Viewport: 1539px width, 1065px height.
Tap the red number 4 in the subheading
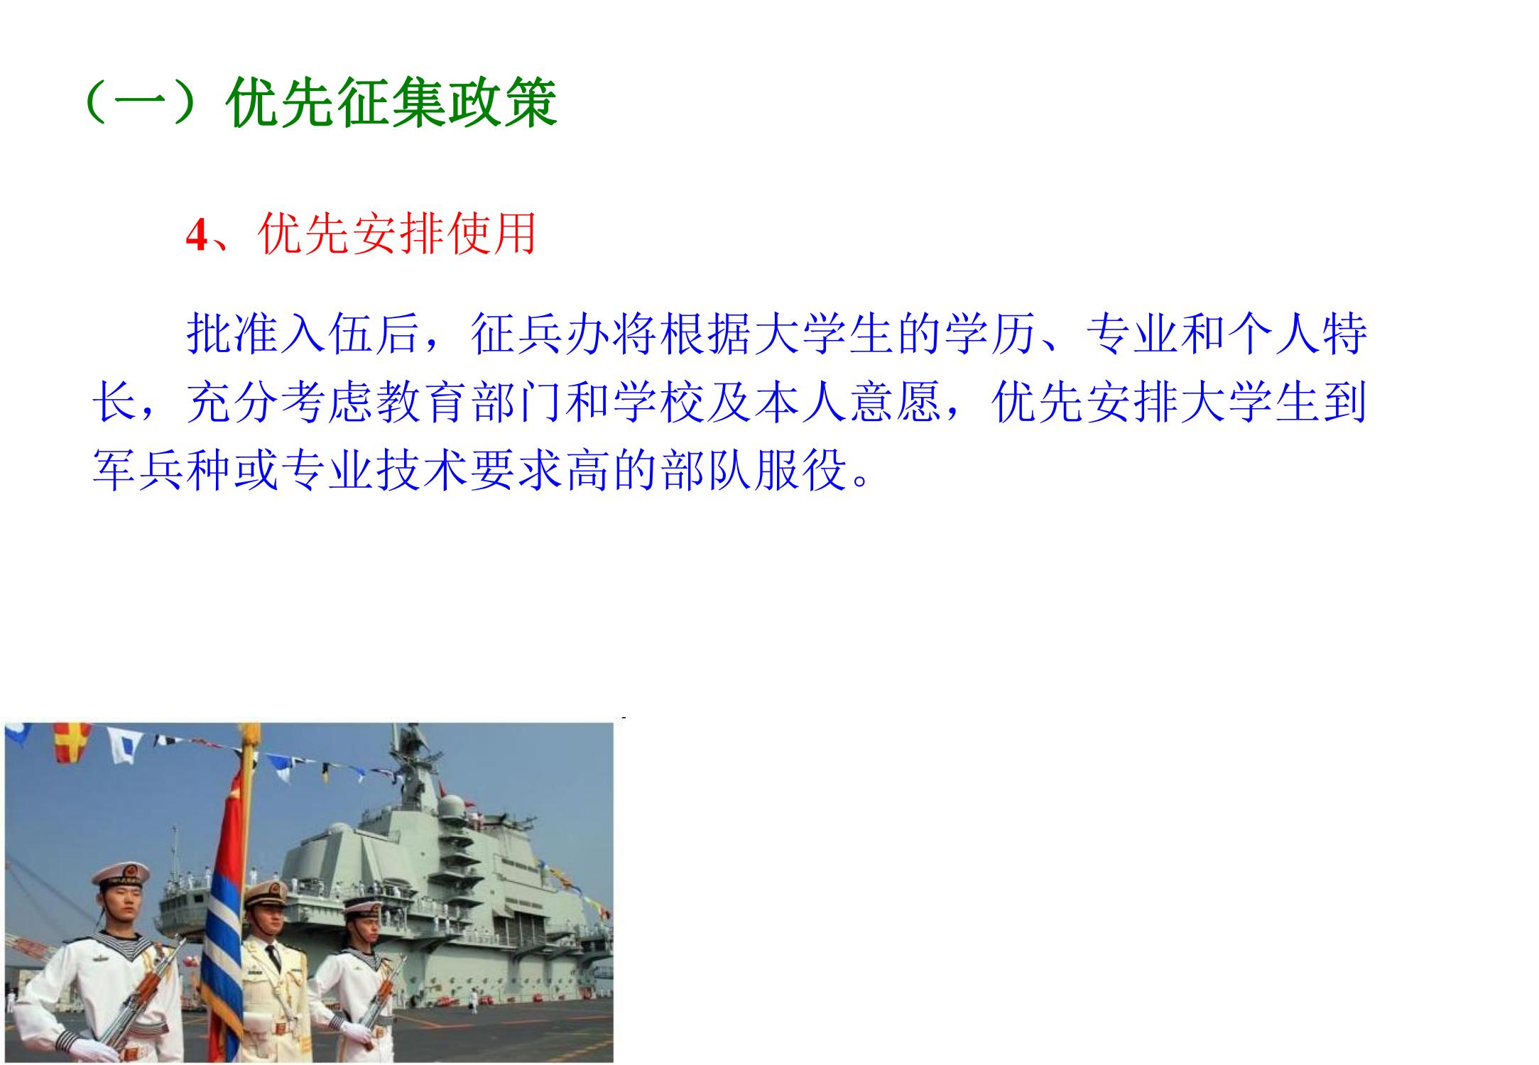click(197, 235)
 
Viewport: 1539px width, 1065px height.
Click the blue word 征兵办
click(541, 334)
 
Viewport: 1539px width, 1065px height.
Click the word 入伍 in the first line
click(328, 334)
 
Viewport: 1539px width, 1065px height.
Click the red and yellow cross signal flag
click(73, 743)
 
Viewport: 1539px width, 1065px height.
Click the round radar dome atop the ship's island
click(452, 807)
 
